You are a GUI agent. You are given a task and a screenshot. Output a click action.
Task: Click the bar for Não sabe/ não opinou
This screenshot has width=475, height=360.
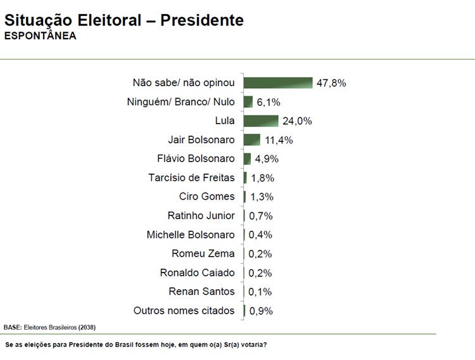pyautogui.click(x=278, y=83)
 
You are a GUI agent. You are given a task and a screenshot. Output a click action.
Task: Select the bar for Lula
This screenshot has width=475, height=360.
pyautogui.click(x=261, y=121)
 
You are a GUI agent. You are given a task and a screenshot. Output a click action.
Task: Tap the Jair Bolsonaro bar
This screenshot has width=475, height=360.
pyautogui.click(x=252, y=140)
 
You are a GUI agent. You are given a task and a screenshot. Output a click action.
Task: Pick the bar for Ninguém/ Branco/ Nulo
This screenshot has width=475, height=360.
pyautogui.click(x=248, y=102)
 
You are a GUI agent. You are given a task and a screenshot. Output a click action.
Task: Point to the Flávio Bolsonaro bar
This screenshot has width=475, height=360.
pyautogui.click(x=247, y=159)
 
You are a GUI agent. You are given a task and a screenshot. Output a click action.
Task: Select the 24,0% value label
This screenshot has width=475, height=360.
pyautogui.click(x=297, y=121)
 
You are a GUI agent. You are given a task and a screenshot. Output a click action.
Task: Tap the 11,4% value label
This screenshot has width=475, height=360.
pyautogui.click(x=279, y=140)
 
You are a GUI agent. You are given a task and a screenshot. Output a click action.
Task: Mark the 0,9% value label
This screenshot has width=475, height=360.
pyautogui.click(x=260, y=311)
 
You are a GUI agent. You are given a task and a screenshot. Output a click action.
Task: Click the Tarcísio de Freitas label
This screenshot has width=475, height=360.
pyautogui.click(x=191, y=177)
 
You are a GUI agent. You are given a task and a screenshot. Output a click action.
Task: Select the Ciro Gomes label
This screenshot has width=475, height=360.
pyautogui.click(x=206, y=196)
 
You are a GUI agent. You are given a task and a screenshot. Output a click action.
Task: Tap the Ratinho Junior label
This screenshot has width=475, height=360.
pyautogui.click(x=201, y=215)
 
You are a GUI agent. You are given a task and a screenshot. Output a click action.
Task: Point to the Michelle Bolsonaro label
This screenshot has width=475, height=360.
pyautogui.click(x=191, y=235)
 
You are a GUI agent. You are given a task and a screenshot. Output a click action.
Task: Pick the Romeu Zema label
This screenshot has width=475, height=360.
pyautogui.click(x=203, y=254)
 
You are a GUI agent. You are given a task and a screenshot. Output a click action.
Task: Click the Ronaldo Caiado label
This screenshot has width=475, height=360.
pyautogui.click(x=197, y=273)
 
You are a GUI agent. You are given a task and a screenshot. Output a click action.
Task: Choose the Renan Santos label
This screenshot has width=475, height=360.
pyautogui.click(x=201, y=292)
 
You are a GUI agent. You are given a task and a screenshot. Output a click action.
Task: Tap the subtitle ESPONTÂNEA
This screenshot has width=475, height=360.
pyautogui.click(x=40, y=36)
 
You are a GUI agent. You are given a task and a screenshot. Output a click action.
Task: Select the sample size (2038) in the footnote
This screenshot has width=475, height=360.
pyautogui.click(x=87, y=327)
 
